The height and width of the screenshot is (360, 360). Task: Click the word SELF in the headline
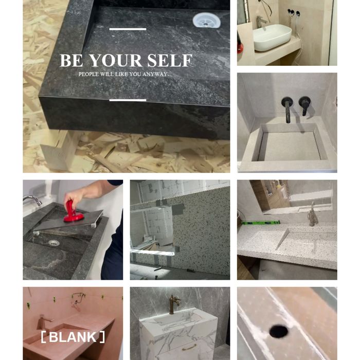tap(169, 60)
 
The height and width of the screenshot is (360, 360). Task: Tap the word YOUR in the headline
tap(115, 60)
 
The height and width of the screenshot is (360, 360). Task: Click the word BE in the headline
tap(71, 60)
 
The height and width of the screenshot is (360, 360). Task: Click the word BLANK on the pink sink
tap(73, 337)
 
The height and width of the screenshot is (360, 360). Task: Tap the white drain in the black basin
tap(207, 20)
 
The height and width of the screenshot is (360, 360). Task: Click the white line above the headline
tap(128, 29)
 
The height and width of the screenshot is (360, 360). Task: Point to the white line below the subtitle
tap(128, 100)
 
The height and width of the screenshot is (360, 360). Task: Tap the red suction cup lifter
tap(73, 212)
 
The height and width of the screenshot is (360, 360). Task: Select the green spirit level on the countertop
tap(260, 222)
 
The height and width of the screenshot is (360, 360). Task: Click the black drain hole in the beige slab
tap(279, 331)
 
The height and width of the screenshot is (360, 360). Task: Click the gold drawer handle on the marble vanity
tap(189, 348)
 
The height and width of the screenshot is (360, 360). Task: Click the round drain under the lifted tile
tap(54, 243)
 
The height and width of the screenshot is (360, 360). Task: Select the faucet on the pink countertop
tap(44, 322)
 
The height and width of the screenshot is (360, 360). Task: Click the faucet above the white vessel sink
tap(261, 22)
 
